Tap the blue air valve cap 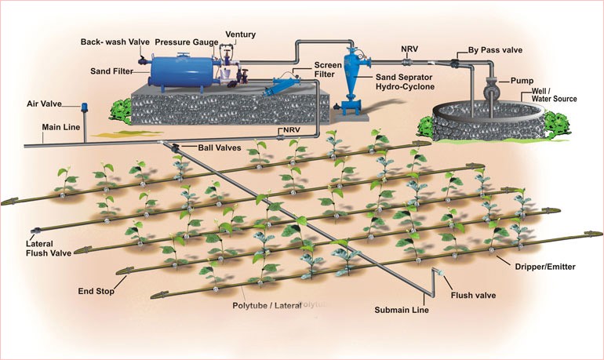click(83, 104)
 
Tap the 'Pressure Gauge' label click(185, 41)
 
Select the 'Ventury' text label click(240, 35)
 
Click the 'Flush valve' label click(475, 296)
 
